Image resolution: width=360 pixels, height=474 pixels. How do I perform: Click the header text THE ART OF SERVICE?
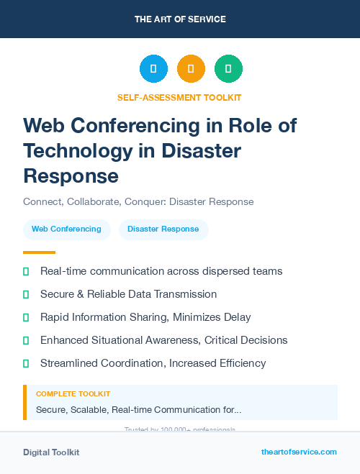180,19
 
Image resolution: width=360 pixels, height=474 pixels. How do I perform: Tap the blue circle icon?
153,69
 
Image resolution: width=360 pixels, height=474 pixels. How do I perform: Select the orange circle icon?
191,69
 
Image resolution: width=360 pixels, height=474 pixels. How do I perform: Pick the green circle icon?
228,69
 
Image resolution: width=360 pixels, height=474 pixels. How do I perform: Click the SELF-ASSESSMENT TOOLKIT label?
179,98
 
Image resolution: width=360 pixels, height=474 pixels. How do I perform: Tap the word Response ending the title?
71,176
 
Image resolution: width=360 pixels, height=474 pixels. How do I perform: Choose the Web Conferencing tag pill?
67,229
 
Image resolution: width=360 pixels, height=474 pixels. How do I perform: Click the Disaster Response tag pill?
163,229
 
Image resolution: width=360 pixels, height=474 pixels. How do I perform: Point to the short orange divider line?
39,252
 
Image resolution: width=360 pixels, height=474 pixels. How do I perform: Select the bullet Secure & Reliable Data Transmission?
128,294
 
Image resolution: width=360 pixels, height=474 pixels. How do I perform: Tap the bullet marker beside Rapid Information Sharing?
26,317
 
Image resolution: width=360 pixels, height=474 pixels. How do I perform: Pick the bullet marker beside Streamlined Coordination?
26,363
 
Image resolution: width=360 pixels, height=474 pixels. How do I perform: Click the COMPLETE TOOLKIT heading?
73,394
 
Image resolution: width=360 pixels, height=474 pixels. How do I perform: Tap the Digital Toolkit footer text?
51,452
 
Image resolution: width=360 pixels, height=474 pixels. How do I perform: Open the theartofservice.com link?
299,452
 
